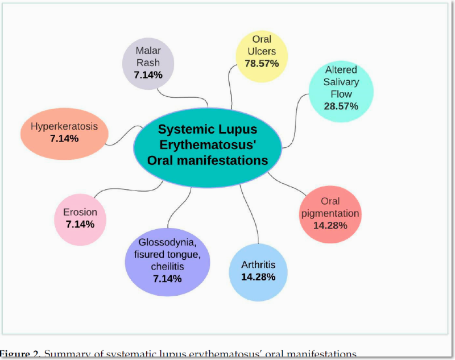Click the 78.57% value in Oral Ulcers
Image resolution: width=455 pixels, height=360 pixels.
[262, 63]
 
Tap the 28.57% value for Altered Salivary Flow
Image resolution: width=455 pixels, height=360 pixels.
[342, 106]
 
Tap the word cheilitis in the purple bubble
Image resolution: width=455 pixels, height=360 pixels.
[167, 267]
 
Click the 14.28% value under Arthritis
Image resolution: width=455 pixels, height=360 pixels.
[258, 277]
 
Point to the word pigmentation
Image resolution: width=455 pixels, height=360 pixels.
[330, 213]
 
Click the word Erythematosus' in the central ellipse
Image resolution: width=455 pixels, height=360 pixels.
[208, 144]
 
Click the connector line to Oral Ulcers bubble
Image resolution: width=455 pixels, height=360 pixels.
[230, 85]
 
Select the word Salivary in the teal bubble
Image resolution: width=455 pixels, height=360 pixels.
[341, 82]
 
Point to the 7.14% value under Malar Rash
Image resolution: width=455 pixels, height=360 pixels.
[148, 75]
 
